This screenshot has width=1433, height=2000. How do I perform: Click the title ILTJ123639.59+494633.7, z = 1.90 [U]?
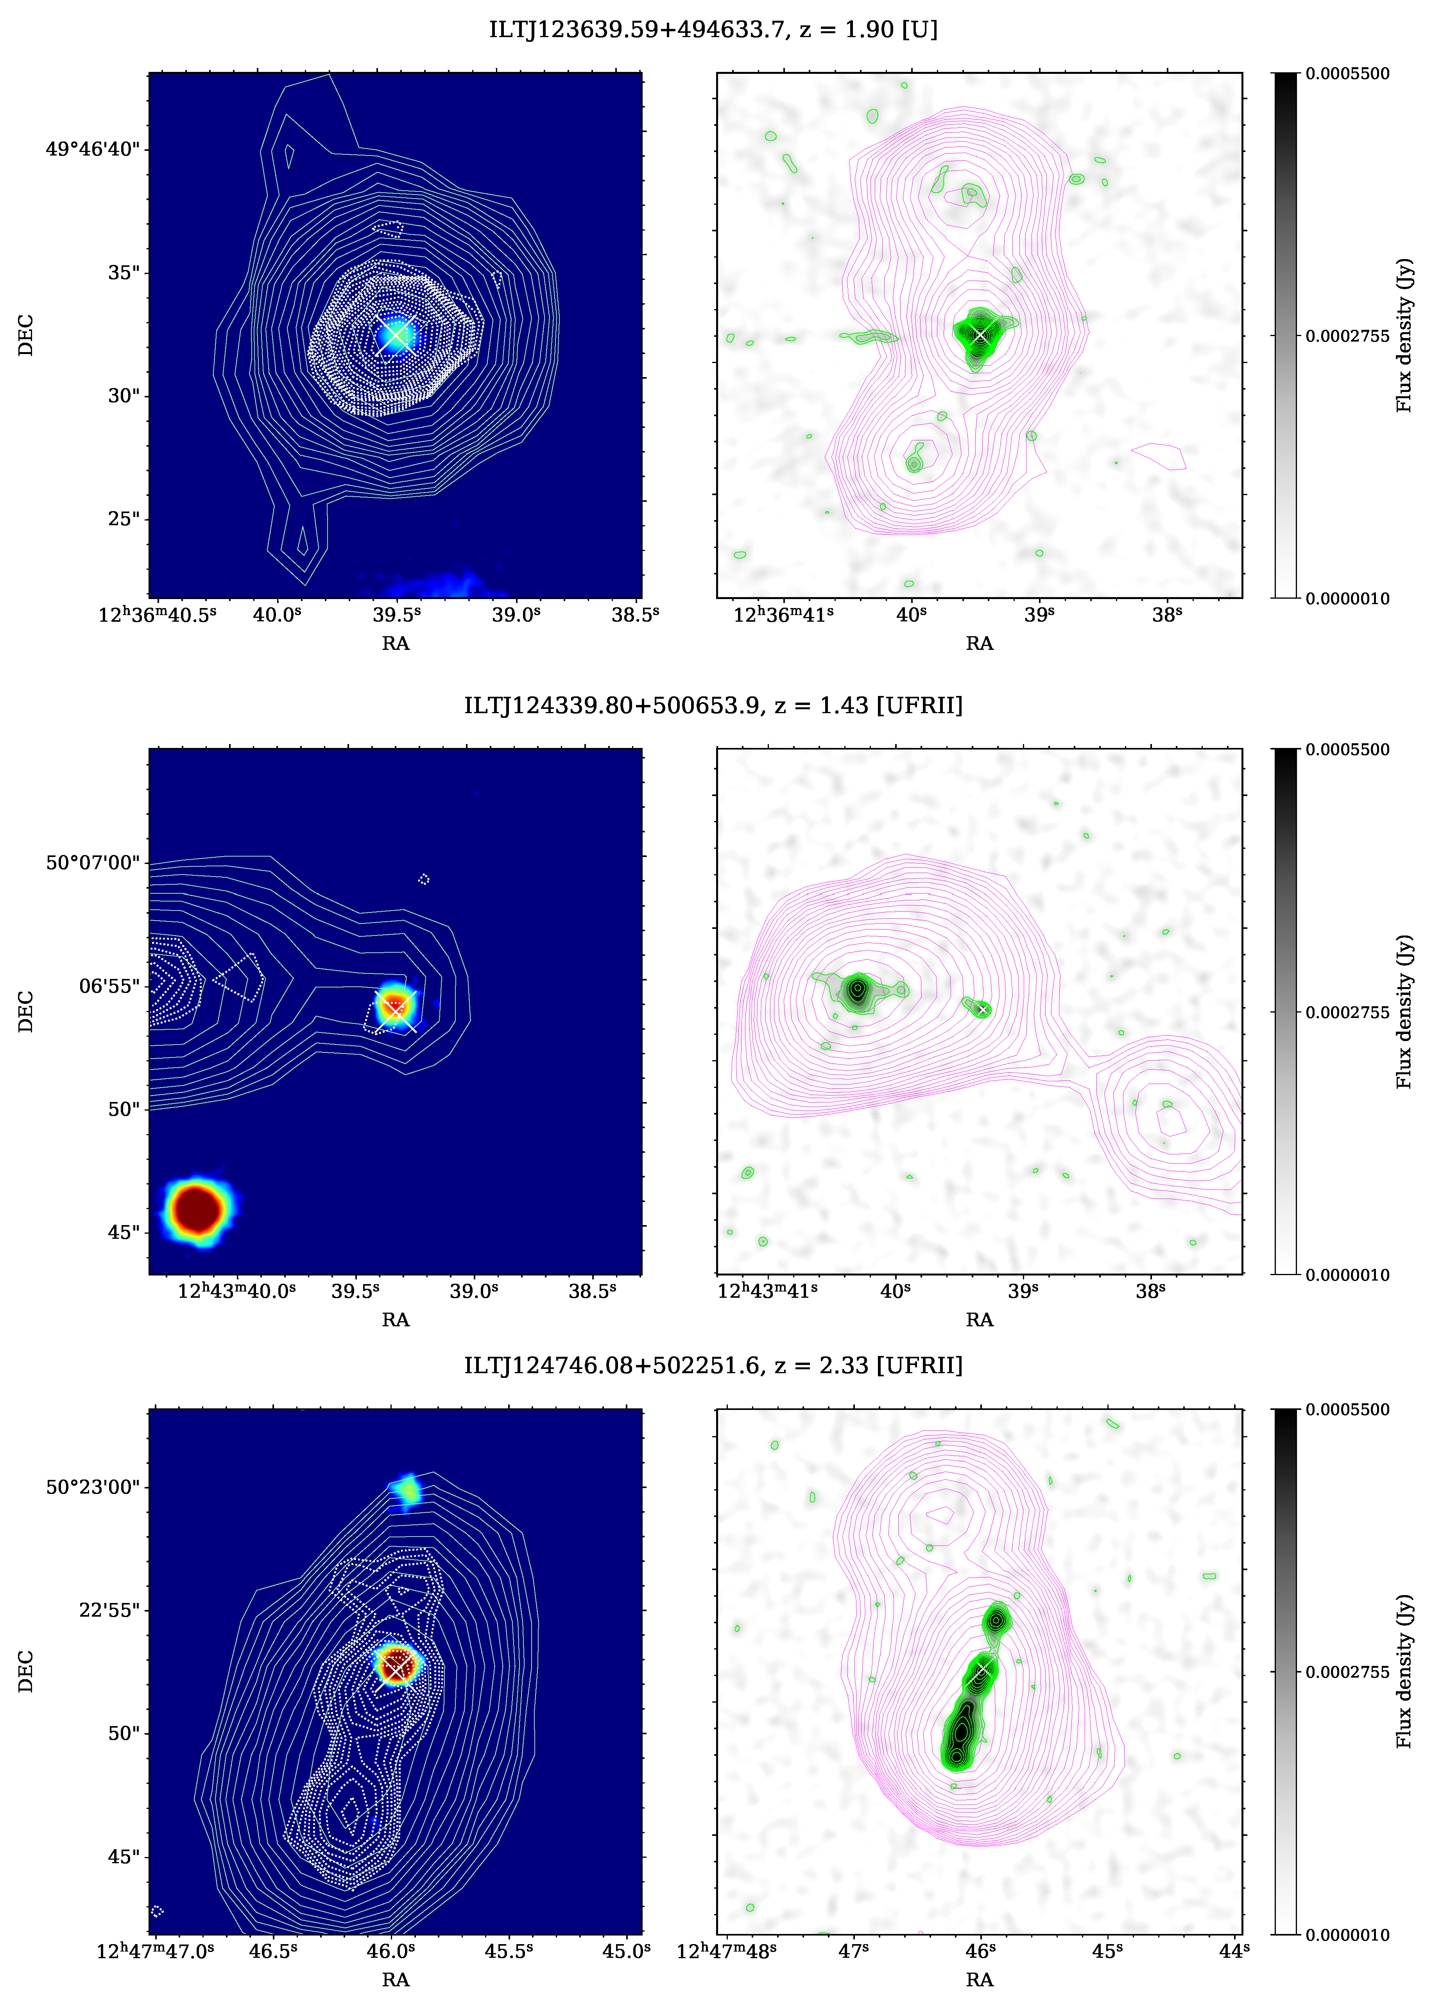pos(713,30)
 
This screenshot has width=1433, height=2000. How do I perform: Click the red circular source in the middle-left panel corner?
pos(197,1209)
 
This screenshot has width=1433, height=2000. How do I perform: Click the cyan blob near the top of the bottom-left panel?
pos(407,1489)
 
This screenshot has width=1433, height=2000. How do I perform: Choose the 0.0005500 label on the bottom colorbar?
pos(1347,1409)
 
